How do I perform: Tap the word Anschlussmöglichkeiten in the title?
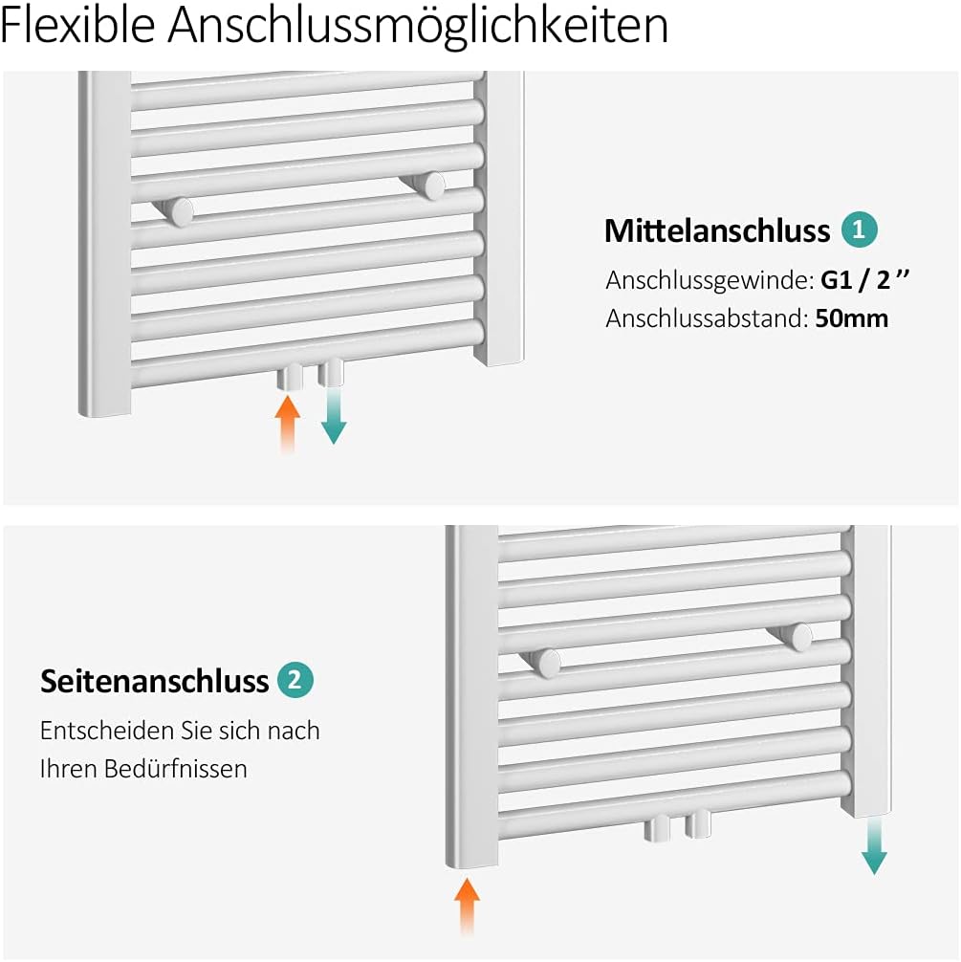click(418, 27)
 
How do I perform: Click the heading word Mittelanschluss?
click(716, 231)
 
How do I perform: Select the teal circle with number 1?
click(859, 230)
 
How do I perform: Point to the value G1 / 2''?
click(864, 281)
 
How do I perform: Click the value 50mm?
click(852, 318)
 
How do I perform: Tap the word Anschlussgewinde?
click(709, 282)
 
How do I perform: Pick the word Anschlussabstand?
click(705, 318)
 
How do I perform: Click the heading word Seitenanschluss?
click(154, 682)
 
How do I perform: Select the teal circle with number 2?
click(295, 680)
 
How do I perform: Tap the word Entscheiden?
click(97, 732)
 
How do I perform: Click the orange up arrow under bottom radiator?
click(467, 907)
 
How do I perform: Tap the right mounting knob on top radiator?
click(432, 186)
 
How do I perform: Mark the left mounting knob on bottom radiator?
click(545, 662)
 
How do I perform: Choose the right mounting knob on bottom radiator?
click(798, 636)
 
